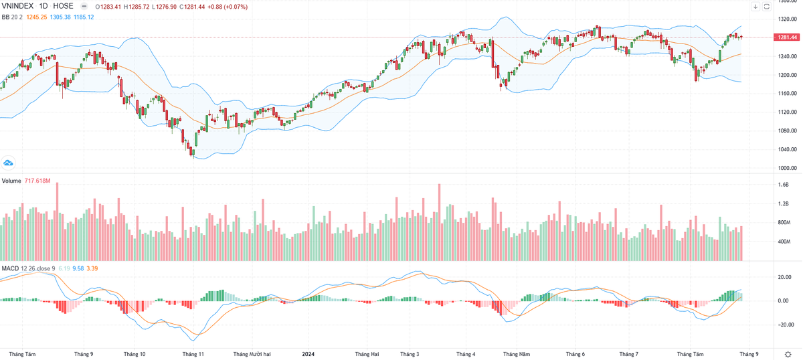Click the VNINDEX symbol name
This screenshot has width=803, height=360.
(18, 6)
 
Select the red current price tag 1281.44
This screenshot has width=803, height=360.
(788, 37)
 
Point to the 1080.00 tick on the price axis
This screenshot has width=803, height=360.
(786, 131)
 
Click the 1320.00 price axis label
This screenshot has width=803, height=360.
(786, 19)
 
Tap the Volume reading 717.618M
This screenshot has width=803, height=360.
(38, 181)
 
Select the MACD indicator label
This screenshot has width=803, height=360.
(10, 268)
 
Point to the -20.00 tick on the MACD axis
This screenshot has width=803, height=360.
(784, 325)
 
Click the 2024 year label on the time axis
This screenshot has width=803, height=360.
(308, 353)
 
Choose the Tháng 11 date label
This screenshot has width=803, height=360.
(193, 353)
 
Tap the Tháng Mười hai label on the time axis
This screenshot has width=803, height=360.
(251, 353)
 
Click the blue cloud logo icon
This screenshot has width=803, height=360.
(9, 162)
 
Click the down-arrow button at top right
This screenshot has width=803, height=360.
(755, 7)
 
